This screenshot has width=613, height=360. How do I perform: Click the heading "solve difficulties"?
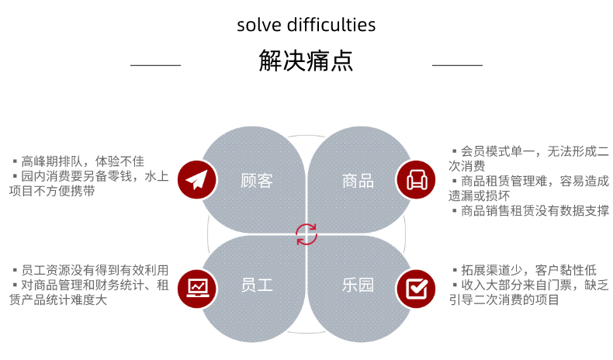pyautogui.click(x=306, y=25)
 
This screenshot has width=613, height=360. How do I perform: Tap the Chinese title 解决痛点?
pyautogui.click(x=306, y=61)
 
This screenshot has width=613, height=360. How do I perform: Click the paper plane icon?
pyautogui.click(x=196, y=180)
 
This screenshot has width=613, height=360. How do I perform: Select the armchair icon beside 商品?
pyautogui.click(x=417, y=180)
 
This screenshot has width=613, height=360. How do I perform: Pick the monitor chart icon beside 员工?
pyautogui.click(x=197, y=289)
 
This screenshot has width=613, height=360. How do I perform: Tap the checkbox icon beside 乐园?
pyautogui.click(x=417, y=289)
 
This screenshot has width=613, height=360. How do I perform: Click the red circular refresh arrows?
pyautogui.click(x=306, y=234)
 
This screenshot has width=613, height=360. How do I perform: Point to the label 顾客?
pyautogui.click(x=257, y=181)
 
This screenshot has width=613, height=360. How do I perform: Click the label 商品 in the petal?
pyautogui.click(x=358, y=181)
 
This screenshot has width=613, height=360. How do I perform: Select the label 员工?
pyautogui.click(x=257, y=285)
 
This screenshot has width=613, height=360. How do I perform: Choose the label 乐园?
pyautogui.click(x=358, y=285)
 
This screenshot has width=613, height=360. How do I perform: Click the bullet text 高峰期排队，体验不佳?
pyautogui.click(x=82, y=161)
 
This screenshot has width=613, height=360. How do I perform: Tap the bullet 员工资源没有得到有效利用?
pyautogui.click(x=95, y=270)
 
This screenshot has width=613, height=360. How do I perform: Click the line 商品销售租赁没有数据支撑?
pyautogui.click(x=535, y=211)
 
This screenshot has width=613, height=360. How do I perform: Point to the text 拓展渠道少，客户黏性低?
pyautogui.click(x=528, y=270)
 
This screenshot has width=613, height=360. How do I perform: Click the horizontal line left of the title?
pyautogui.click(x=156, y=65)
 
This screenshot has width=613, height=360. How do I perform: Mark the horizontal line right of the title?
pyautogui.click(x=457, y=65)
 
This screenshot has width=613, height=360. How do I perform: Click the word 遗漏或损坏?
pyautogui.click(x=480, y=196)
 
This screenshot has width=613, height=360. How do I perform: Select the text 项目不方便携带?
pyautogui.click(x=52, y=191)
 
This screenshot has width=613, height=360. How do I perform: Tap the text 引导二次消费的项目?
pyautogui.click(x=504, y=299)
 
